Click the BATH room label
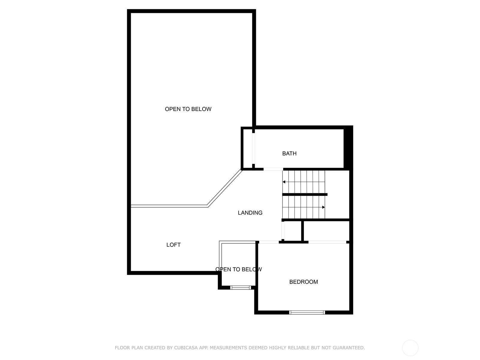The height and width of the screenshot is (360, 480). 289,153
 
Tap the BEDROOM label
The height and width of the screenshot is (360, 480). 303,282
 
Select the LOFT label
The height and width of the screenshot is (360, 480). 173,245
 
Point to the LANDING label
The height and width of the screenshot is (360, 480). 250,213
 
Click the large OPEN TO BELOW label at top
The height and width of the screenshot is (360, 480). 188,109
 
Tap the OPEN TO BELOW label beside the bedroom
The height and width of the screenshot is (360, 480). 238,269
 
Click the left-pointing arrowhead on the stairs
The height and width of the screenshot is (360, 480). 283,182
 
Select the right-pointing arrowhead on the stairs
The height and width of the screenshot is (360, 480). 323,207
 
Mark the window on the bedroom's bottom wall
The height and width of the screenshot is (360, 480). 307,312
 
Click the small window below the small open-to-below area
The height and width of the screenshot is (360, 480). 240,287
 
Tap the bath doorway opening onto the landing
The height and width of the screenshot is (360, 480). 273,169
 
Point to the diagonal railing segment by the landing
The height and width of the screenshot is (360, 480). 225,188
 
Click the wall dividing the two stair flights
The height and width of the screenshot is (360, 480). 304,194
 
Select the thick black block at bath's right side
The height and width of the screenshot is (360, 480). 348,148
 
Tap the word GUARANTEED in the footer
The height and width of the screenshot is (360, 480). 349,347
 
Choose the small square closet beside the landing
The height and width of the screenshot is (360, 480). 292,231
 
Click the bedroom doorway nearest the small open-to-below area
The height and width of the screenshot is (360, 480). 269,242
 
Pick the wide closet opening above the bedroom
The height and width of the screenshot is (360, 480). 327,242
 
